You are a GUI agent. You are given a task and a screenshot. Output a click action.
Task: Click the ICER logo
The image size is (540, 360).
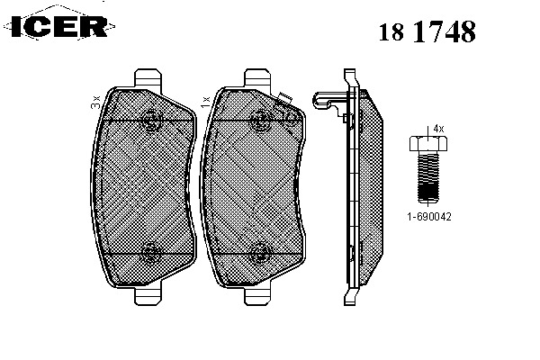(x=59, y=25)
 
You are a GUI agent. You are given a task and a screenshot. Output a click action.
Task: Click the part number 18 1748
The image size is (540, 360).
(x=427, y=31)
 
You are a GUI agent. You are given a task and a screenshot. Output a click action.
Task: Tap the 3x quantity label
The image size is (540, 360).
(x=95, y=103)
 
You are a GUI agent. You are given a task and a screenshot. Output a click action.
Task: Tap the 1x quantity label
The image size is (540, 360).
(x=205, y=103)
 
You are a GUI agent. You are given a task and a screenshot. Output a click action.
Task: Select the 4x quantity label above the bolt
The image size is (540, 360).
(x=438, y=129)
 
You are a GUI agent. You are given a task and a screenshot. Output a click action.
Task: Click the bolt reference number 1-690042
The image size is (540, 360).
(x=429, y=217)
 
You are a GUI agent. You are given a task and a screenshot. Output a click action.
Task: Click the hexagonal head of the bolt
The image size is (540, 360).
(x=428, y=143)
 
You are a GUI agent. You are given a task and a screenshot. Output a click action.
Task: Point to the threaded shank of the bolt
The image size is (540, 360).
(x=428, y=176)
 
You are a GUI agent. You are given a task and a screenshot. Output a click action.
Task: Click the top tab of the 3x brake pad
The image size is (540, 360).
(x=148, y=77)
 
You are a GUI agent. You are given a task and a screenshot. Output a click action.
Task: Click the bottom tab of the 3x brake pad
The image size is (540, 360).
(x=148, y=296)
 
